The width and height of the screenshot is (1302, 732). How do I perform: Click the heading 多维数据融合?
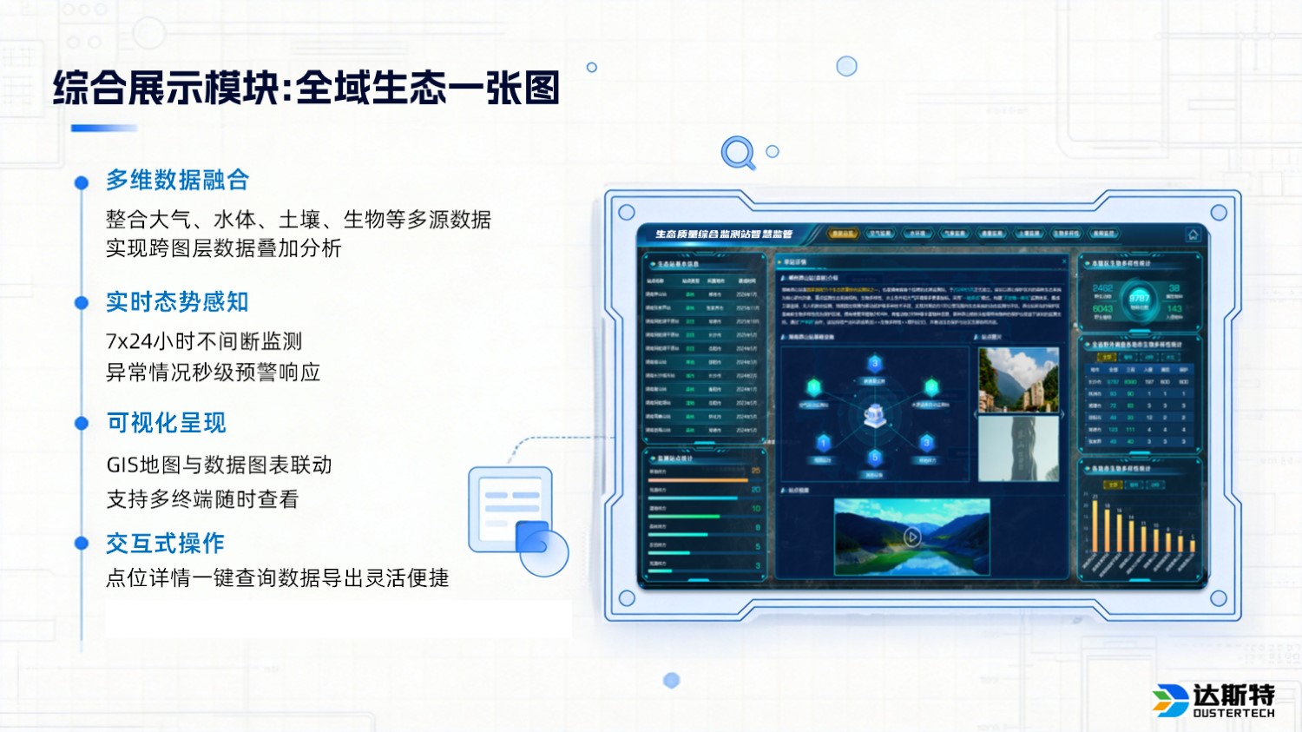click(177, 180)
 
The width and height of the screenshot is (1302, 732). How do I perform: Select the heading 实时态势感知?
click(177, 301)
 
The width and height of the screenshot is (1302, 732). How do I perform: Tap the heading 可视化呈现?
click(166, 423)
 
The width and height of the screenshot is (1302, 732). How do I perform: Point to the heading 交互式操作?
click(165, 544)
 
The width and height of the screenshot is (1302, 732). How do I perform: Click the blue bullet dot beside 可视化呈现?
click(82, 424)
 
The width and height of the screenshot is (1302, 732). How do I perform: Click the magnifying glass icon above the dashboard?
click(738, 153)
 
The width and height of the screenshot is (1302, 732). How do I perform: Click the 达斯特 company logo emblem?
click(1170, 700)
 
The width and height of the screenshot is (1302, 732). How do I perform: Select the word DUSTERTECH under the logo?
click(1233, 714)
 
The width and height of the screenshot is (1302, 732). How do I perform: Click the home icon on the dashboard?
click(1193, 234)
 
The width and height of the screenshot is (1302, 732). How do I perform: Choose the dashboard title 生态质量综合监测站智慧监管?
click(723, 234)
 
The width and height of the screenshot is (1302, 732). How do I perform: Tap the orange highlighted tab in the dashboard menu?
click(842, 234)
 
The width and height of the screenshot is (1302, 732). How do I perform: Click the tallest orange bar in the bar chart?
click(1095, 526)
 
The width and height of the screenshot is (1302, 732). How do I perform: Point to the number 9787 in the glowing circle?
click(1139, 298)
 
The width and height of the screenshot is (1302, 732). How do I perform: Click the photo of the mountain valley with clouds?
click(1018, 379)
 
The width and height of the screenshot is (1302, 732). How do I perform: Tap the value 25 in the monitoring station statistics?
click(755, 471)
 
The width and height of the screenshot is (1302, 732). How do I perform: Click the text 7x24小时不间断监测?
click(204, 341)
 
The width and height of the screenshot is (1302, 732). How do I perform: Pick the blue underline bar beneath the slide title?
click(104, 129)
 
